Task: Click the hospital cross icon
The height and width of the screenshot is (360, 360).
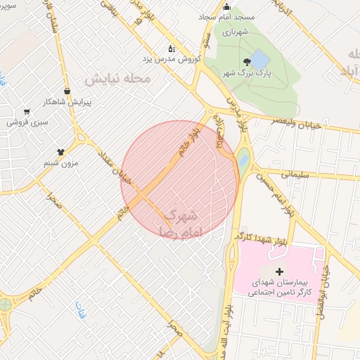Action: pyautogui.click(x=280, y=271)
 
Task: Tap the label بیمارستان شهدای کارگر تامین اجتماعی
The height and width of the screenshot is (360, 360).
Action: pyautogui.click(x=279, y=287)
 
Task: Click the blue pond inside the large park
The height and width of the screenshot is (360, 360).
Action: pyautogui.click(x=259, y=58)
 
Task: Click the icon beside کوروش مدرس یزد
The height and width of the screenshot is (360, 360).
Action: pyautogui.click(x=172, y=49)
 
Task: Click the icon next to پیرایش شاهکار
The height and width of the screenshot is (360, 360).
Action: pyautogui.click(x=67, y=91)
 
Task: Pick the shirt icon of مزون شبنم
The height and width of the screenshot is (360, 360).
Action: pyautogui.click(x=61, y=151)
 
